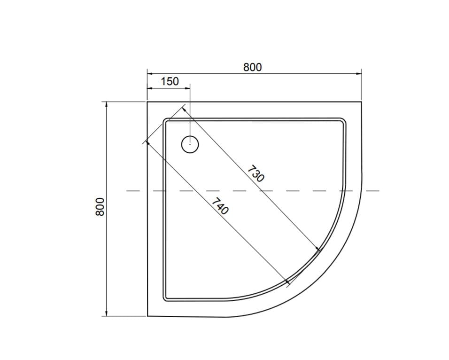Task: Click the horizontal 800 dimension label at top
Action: pos(252,67)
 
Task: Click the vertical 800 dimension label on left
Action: pos(100,207)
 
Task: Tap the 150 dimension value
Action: pos(170,81)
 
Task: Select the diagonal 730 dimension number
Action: pos(255,173)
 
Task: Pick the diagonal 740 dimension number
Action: pos(220,206)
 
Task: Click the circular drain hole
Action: pos(190,144)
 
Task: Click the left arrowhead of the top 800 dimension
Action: pos(150,74)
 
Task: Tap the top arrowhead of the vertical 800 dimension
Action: pos(107,105)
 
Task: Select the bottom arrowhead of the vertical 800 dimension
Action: pos(107,313)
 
